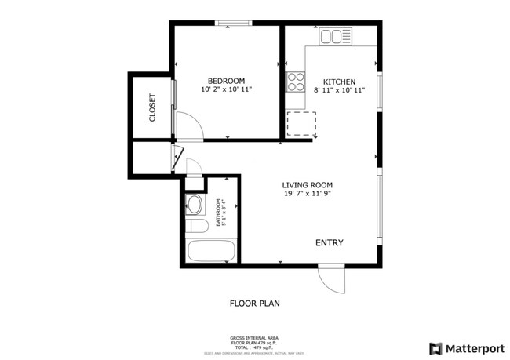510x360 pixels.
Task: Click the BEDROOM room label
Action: click(226, 81)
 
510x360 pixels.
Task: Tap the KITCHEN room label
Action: click(340, 82)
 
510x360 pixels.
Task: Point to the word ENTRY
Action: click(329, 243)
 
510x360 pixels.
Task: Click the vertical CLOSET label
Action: click(152, 108)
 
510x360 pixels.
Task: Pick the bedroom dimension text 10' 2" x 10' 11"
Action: click(226, 90)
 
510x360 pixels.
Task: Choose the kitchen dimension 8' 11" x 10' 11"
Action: click(340, 91)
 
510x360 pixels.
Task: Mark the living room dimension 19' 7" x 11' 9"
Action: click(307, 195)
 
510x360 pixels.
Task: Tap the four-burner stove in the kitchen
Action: click(296, 81)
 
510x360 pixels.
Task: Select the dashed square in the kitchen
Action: click(301, 123)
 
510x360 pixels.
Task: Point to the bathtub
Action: click(212, 252)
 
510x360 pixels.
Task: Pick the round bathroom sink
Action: click(195, 206)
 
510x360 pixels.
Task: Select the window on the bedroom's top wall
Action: click(228, 23)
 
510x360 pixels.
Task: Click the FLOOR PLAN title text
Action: click(254, 302)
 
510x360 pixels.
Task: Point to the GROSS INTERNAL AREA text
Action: click(254, 338)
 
